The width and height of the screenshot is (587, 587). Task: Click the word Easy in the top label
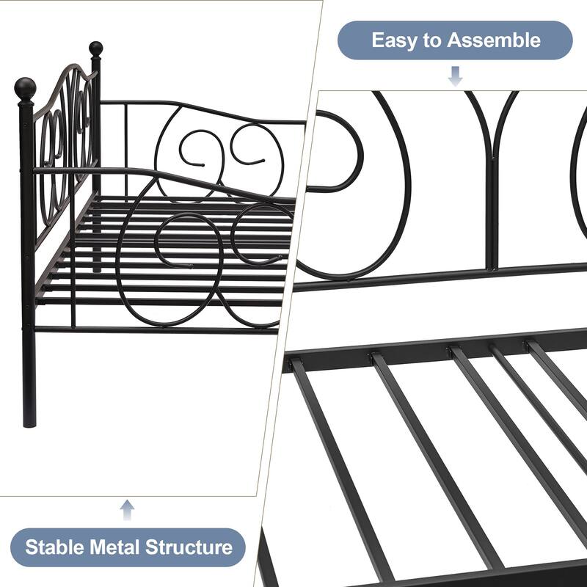[x=396, y=40]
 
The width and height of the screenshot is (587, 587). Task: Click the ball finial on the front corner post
[x=25, y=90]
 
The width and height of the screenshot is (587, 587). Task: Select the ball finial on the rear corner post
[x=95, y=49]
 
